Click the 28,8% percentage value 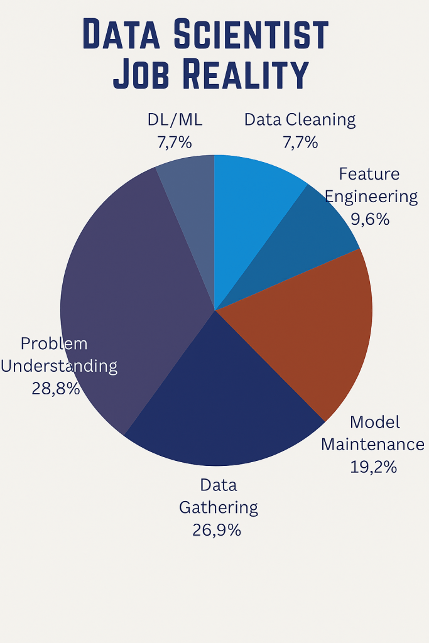[56, 389]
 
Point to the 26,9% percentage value [217, 529]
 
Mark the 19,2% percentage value [373, 467]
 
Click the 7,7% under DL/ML [174, 142]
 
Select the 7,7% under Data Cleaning [300, 142]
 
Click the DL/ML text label [175, 119]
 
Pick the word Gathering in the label [218, 507]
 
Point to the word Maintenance [372, 445]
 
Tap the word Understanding [59, 366]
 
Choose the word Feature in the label [369, 173]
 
